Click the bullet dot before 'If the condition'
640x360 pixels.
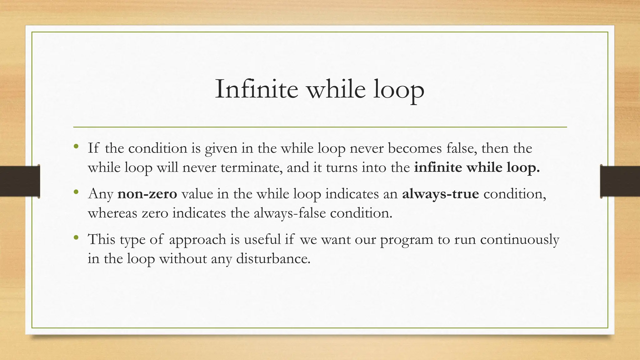tap(76, 146)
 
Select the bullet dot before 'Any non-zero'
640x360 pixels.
tap(76, 192)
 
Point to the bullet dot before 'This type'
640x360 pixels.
tap(76, 237)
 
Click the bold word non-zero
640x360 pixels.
tap(147, 194)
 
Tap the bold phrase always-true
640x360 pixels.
tap(440, 194)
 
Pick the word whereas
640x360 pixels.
tap(112, 213)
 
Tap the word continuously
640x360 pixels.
tap(519, 239)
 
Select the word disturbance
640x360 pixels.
tap(273, 259)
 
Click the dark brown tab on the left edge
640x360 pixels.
tap(20, 181)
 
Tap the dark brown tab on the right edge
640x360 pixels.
tap(620, 181)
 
